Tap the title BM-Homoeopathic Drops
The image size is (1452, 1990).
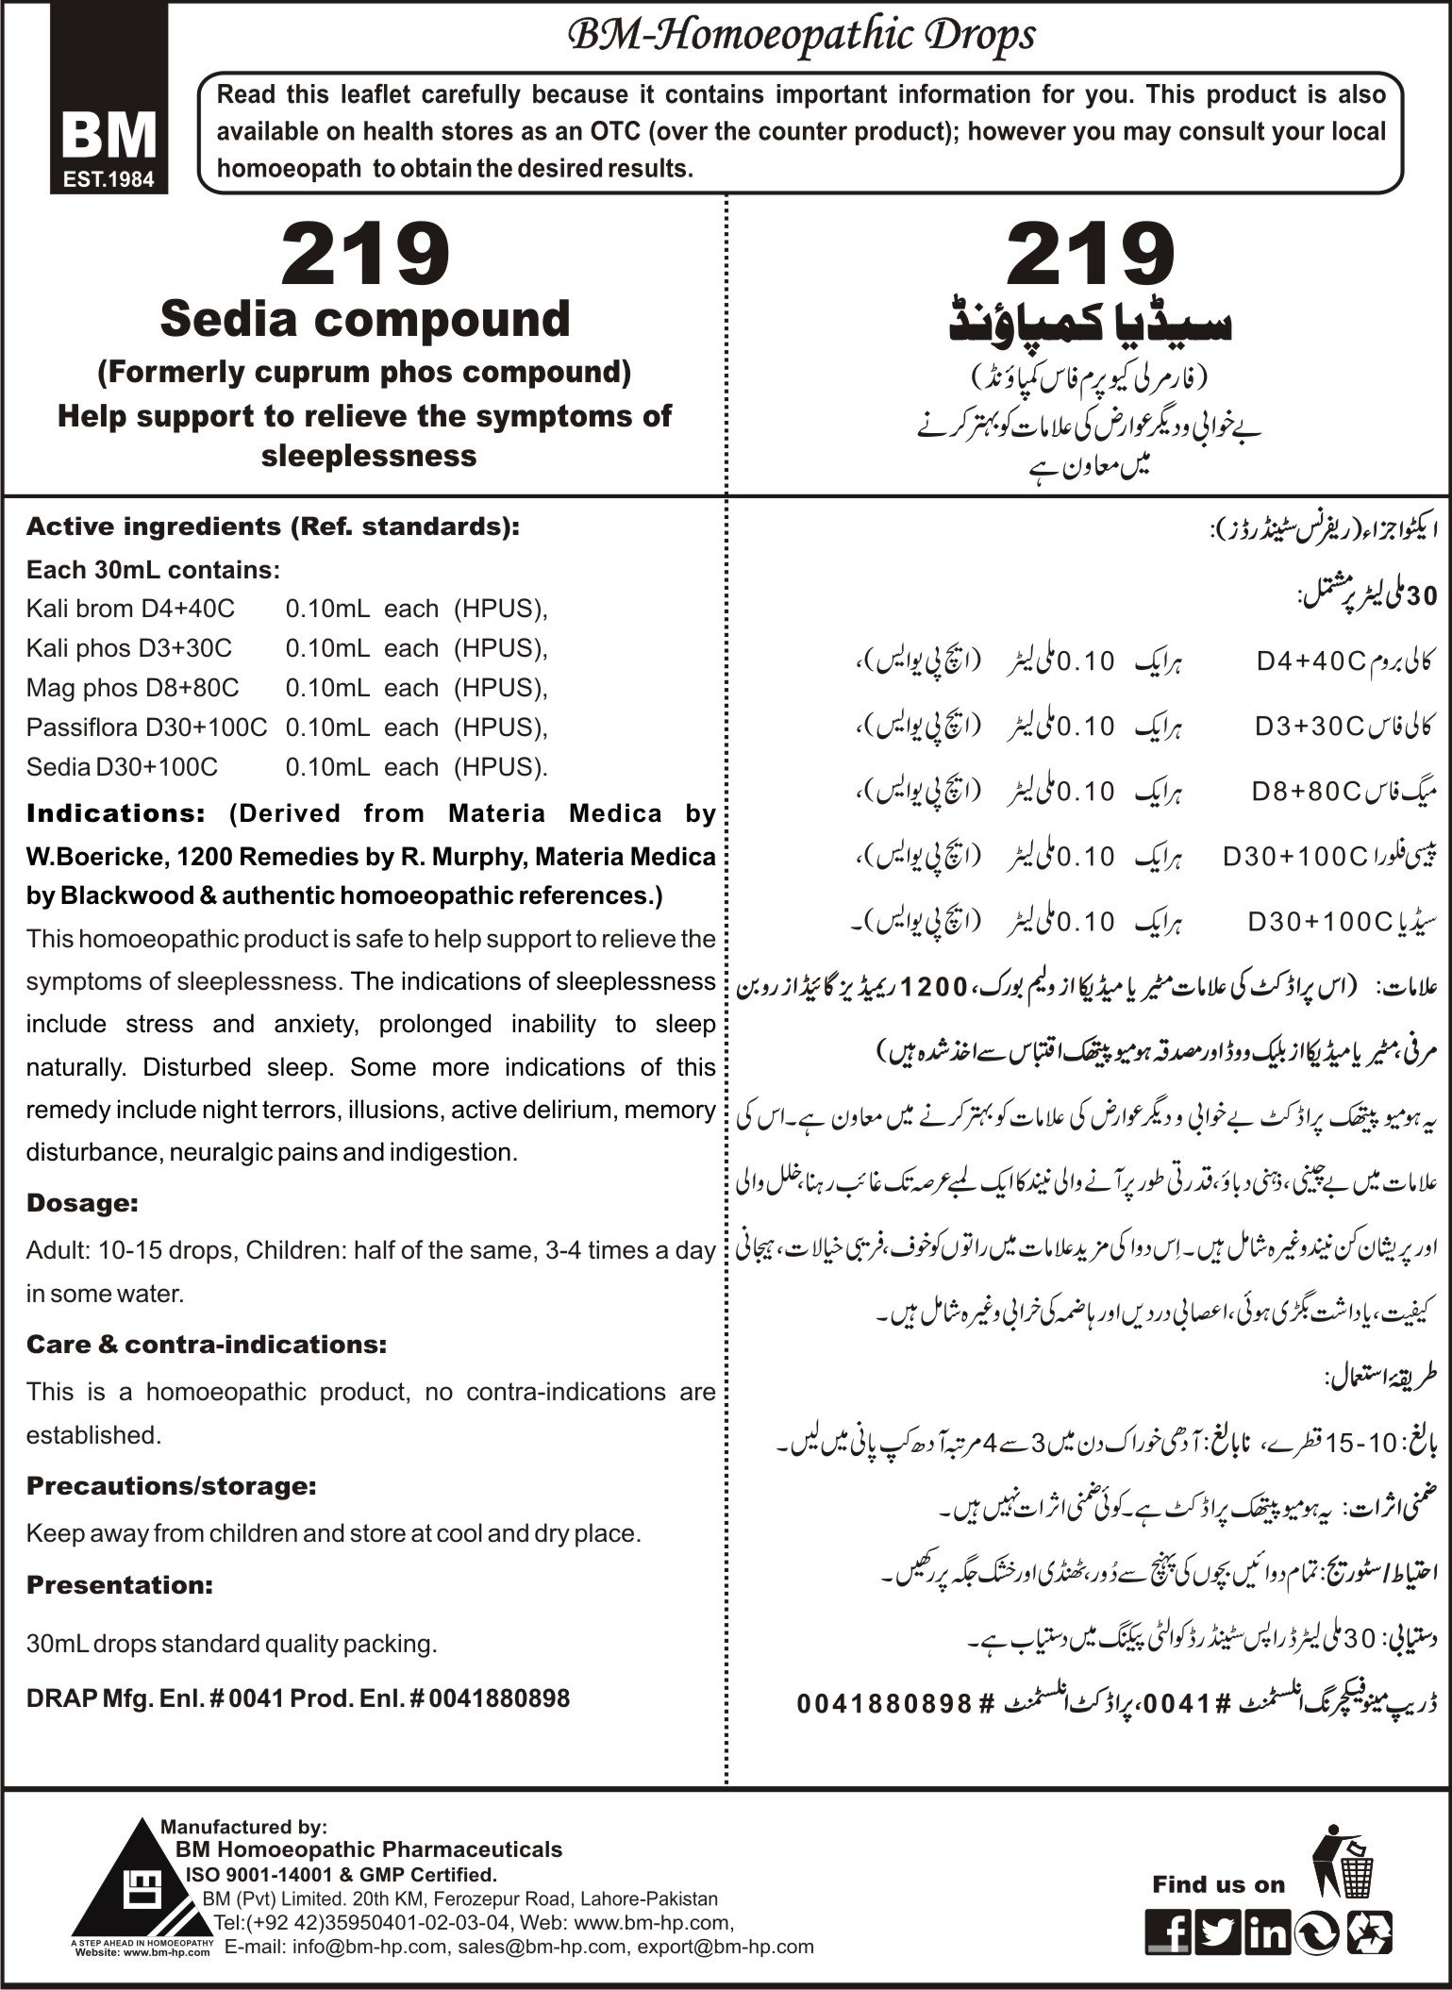click(x=800, y=37)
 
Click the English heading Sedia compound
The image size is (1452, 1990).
click(x=365, y=319)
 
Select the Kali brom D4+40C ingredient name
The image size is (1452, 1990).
click(x=130, y=609)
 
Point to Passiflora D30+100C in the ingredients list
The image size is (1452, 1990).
click(x=146, y=727)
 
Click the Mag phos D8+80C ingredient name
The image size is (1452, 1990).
click(x=132, y=688)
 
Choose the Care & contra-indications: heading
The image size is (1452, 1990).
click(x=206, y=1345)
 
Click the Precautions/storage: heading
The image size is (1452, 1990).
click(x=171, y=1486)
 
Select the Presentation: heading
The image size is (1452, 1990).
click(x=120, y=1585)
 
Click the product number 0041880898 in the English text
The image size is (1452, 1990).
click(x=499, y=1699)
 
